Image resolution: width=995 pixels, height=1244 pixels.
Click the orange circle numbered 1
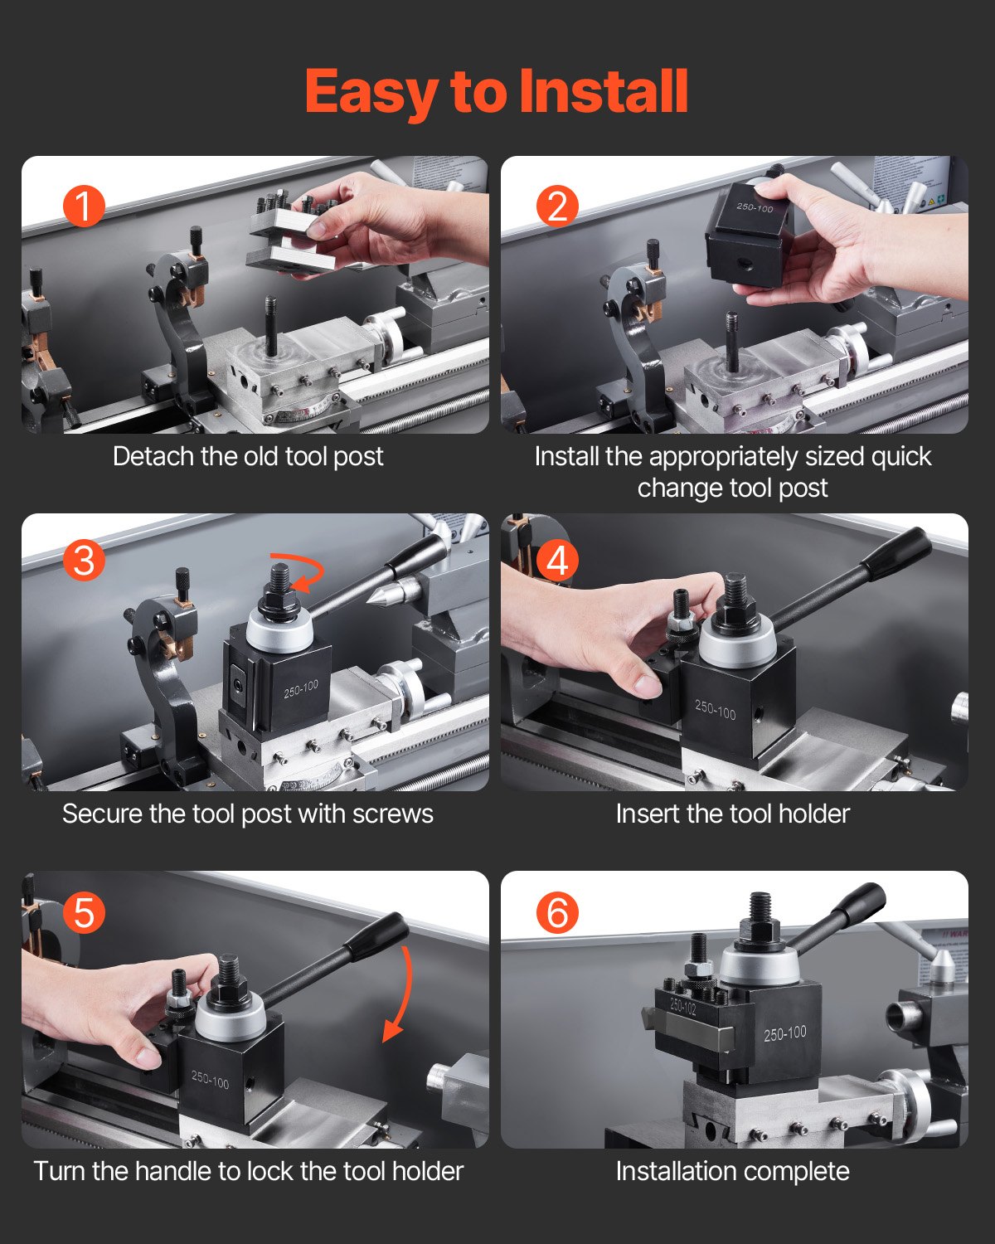tap(84, 205)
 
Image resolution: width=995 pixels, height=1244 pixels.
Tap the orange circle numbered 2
tap(557, 205)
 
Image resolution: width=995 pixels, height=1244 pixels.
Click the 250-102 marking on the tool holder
tap(683, 1007)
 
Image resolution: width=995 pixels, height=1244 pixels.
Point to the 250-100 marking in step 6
tap(784, 1033)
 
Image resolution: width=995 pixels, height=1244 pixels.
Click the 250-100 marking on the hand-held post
tap(754, 207)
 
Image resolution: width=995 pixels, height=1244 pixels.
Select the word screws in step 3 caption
tap(392, 814)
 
